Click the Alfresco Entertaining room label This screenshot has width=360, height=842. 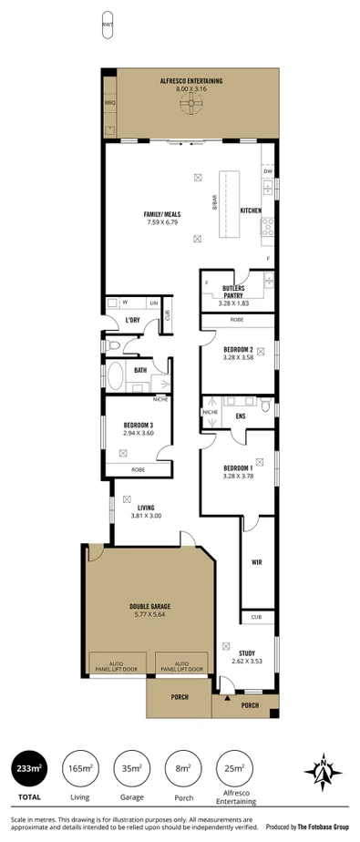(x=191, y=81)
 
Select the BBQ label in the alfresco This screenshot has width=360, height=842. (x=111, y=102)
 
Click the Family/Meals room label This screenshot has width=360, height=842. (x=160, y=215)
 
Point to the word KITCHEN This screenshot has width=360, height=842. (x=252, y=210)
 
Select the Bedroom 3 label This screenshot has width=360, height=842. (x=138, y=425)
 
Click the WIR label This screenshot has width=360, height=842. (x=257, y=562)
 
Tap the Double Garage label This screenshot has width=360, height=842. (x=149, y=607)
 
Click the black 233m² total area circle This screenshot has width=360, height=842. (x=29, y=768)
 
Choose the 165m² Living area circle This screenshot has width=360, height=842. (x=80, y=768)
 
